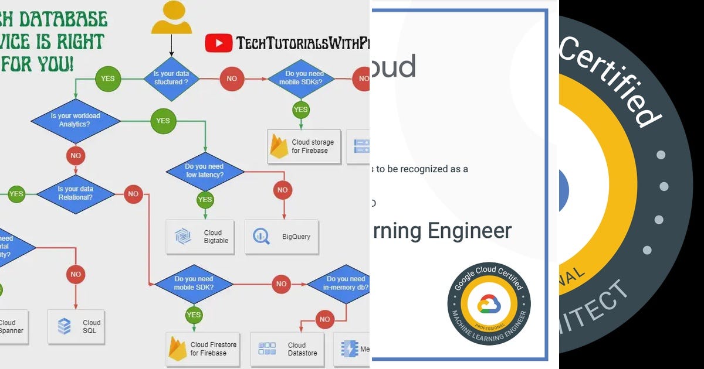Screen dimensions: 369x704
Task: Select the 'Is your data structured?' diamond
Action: tap(171, 78)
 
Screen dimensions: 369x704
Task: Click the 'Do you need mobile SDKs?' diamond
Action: tap(300, 78)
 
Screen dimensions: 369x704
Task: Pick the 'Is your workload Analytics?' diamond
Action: tap(75, 120)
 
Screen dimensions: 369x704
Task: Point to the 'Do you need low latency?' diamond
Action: tap(205, 171)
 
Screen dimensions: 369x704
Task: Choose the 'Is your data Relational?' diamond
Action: tap(76, 193)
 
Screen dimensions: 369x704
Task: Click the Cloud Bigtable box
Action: tap(200, 237)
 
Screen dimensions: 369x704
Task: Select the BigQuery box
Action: tap(282, 237)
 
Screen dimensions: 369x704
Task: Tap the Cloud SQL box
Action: tap(76, 326)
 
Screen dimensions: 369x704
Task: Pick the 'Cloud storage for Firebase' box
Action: tap(304, 146)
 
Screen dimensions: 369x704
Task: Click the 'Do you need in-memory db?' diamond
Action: tap(345, 283)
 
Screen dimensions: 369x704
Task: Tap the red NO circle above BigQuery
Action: tap(282, 190)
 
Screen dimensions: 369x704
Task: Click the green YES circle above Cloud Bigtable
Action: tap(205, 200)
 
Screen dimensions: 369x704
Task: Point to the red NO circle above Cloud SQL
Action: tap(76, 274)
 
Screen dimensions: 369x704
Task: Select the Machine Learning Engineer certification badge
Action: tap(489, 303)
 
